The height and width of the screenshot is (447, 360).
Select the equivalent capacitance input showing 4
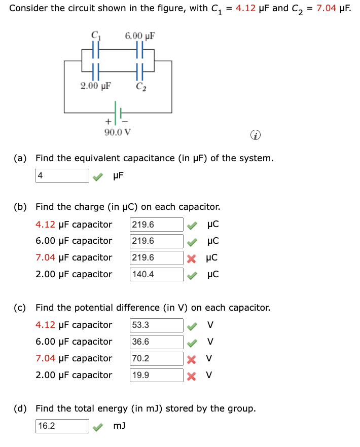pos(62,176)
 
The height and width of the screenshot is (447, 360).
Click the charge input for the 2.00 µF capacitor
pos(157,274)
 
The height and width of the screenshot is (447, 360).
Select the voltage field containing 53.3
pos(157,325)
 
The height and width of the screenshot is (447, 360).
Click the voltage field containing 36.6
pos(157,342)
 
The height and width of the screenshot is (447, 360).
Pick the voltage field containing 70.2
pos(157,358)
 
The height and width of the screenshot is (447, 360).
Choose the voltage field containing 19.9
pos(157,375)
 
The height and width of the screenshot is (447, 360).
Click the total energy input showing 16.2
pos(62,426)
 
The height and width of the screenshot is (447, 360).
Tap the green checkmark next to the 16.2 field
pos(97,427)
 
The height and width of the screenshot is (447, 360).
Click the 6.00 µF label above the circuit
pos(139,36)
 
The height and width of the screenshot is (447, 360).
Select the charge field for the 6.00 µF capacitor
pos(157,241)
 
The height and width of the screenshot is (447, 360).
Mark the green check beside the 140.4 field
pos(191,274)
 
